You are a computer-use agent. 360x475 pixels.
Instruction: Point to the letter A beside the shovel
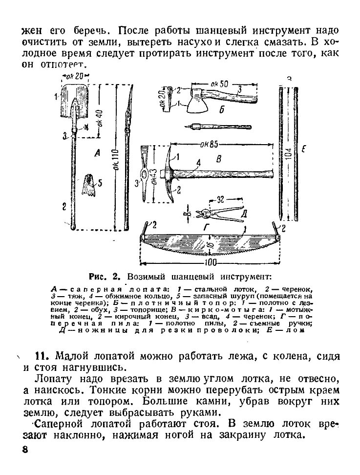[97, 154]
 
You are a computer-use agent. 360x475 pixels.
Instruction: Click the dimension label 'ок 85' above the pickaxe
[209, 145]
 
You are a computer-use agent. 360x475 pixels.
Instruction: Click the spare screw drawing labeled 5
[90, 186]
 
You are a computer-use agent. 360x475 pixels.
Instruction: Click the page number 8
[24, 450]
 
